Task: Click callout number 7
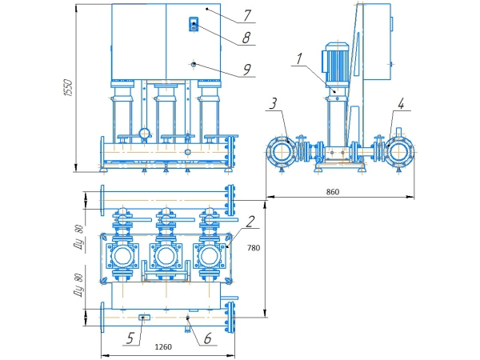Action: click(248, 14)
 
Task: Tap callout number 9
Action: click(247, 70)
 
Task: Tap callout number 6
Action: click(206, 338)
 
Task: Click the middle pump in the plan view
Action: click(165, 256)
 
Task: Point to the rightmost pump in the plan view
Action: click(210, 256)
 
